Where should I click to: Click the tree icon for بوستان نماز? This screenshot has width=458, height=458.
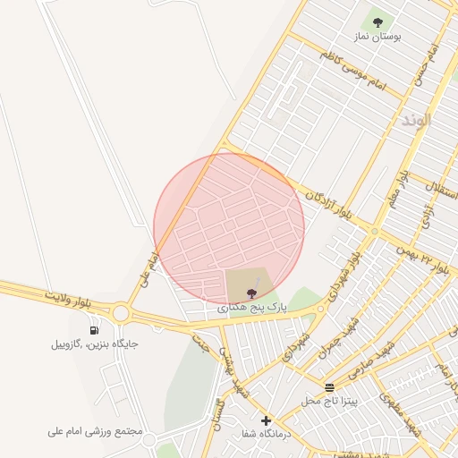[x=377, y=21]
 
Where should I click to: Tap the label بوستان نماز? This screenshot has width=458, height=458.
[x=377, y=38]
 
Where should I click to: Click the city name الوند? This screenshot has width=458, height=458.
[x=416, y=120]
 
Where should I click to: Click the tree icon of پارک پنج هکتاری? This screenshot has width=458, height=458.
[x=250, y=292]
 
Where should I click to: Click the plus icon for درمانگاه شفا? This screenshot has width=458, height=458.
[x=265, y=420]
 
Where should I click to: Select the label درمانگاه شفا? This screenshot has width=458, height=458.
[x=266, y=436]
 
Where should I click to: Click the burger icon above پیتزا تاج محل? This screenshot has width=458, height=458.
[x=330, y=387]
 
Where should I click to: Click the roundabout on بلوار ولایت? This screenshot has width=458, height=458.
[x=121, y=313]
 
